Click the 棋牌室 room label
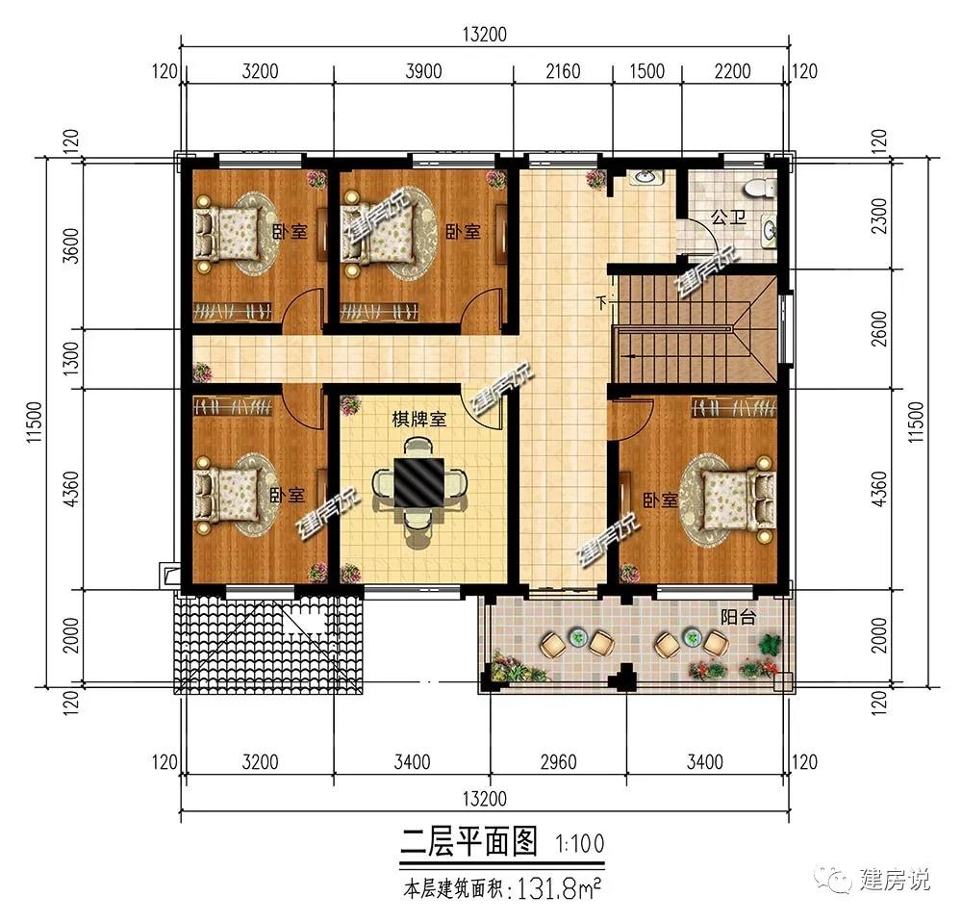(419, 420)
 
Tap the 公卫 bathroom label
(728, 217)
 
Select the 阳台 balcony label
(738, 617)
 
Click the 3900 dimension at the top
(423, 71)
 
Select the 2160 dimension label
(563, 71)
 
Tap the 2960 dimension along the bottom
(558, 762)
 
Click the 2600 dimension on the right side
(879, 329)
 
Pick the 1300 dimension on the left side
(71, 359)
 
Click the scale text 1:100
(580, 844)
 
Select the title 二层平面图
(469, 841)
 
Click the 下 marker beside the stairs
(602, 302)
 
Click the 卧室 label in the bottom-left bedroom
(287, 494)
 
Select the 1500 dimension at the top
(647, 71)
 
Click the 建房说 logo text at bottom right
(894, 880)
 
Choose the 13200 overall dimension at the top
(485, 35)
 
